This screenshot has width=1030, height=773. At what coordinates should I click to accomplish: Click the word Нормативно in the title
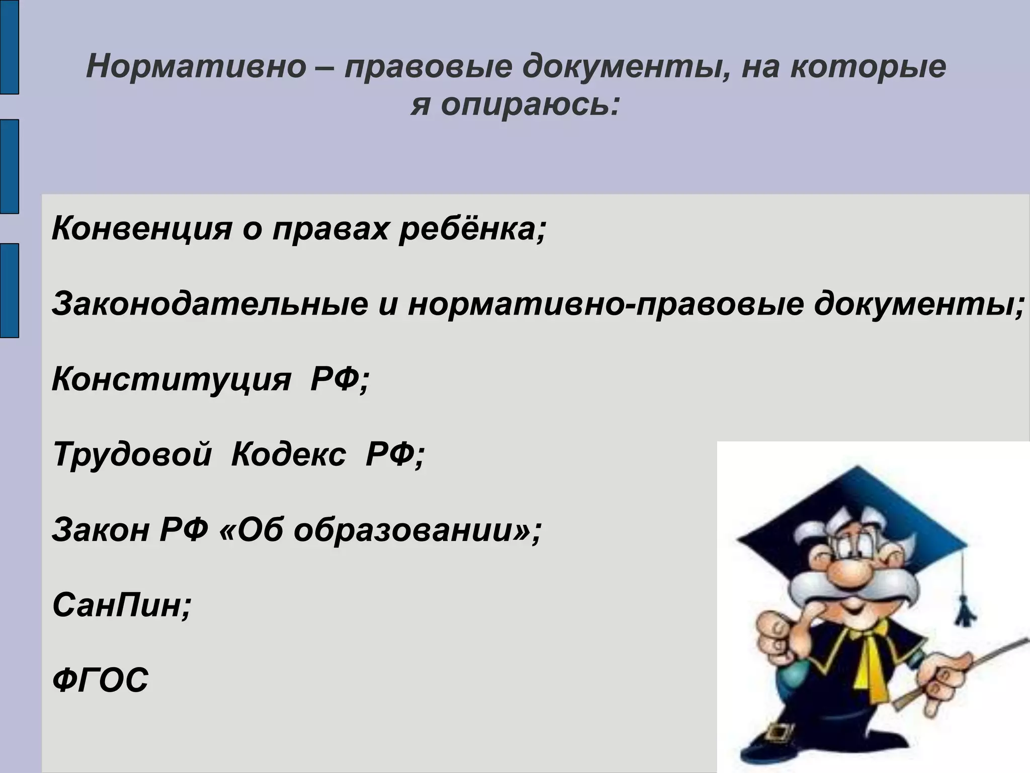196,67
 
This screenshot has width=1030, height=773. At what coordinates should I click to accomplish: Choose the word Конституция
171,379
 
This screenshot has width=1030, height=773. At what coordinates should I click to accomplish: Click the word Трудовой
132,454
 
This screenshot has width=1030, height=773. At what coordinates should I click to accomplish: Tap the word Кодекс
289,454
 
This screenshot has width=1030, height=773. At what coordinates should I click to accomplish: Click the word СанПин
121,605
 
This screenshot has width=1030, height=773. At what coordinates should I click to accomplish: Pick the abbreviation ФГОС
101,680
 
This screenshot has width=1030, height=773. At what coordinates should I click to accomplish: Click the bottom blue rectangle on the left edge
9,290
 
